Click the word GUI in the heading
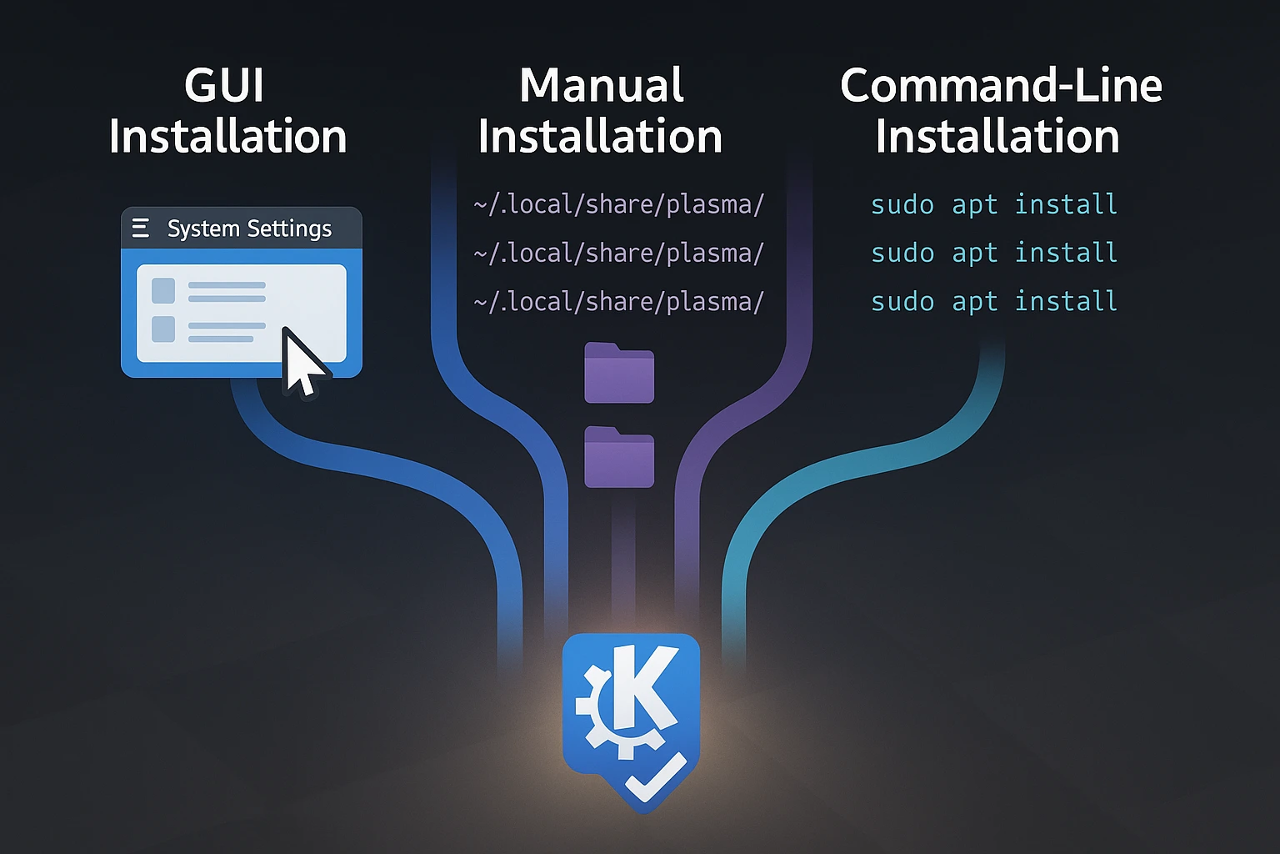point(224,85)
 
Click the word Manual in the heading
point(602,85)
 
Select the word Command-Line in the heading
point(1001,85)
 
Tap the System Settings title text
point(249,229)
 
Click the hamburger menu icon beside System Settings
point(141,228)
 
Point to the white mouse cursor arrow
point(301,361)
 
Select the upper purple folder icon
point(619,373)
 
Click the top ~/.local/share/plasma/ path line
point(618,204)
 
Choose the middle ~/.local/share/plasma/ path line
point(618,253)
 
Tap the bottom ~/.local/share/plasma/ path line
point(618,301)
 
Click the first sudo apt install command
point(993,204)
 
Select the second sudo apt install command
point(993,253)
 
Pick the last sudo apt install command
point(993,301)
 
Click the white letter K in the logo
point(647,689)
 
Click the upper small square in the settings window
point(163,291)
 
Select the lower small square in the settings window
point(163,329)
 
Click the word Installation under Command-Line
point(997,137)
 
